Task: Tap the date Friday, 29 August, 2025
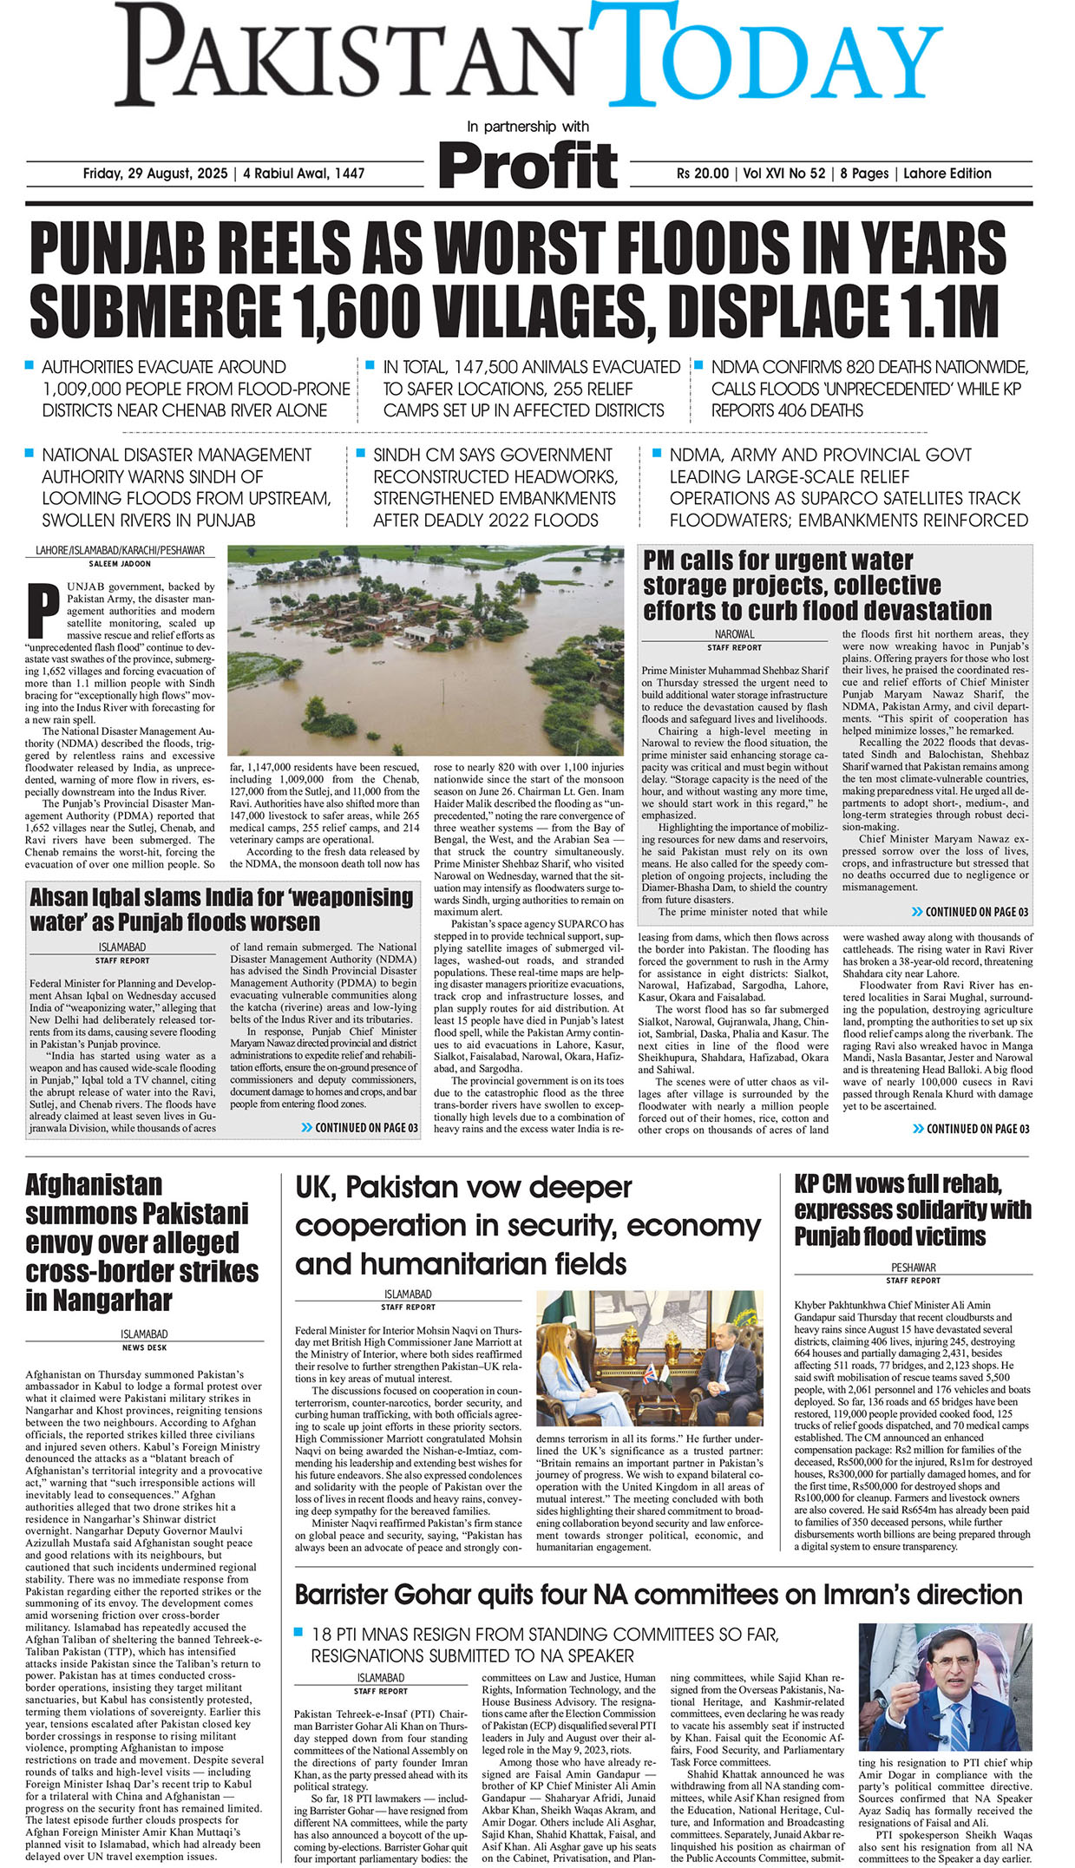[x=154, y=174]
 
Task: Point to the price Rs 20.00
[x=703, y=174]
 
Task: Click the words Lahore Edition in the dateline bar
[x=947, y=174]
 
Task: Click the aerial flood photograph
[x=425, y=649]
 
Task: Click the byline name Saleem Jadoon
[x=120, y=564]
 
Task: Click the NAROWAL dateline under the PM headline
[x=734, y=634]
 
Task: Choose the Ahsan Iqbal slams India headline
[x=221, y=908]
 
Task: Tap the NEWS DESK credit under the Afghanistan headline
[x=144, y=1347]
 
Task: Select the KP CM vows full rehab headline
[x=912, y=1209]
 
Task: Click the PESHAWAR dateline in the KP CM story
[x=913, y=1267]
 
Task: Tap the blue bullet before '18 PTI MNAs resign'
[x=299, y=1632]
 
